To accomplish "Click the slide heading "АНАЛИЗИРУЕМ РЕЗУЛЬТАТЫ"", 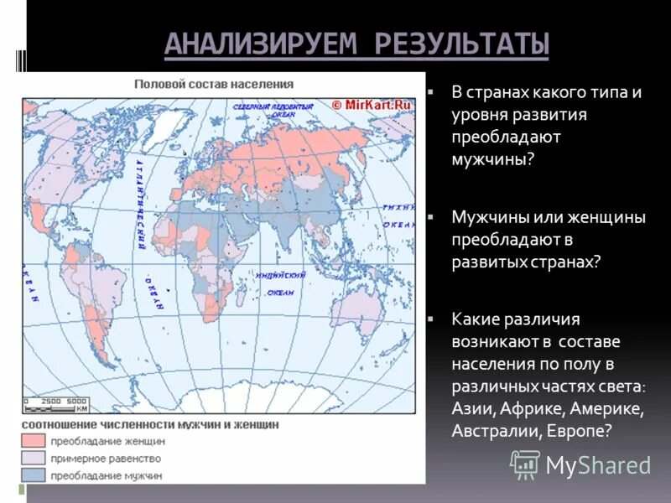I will pos(356,44).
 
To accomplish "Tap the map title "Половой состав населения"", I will pos(215,84).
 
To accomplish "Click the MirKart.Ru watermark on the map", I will pos(371,105).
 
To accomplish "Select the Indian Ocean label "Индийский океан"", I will pos(280,283).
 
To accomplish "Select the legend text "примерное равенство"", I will pos(106,459).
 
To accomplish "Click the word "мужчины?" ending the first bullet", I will pos(492,158).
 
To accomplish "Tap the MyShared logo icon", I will pos(525,464).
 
